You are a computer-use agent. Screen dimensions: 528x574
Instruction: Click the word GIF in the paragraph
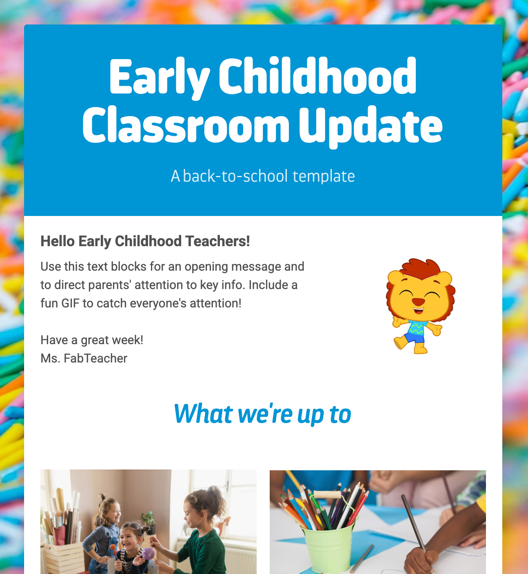pos(70,303)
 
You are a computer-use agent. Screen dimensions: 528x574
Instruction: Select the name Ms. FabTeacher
pos(84,358)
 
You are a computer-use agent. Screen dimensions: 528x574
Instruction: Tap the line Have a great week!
pos(92,340)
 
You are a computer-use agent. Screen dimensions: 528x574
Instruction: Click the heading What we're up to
pos(262,414)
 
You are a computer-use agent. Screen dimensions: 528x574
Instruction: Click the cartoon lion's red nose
pos(418,301)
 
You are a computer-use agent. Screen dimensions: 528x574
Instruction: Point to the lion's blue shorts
pos(414,338)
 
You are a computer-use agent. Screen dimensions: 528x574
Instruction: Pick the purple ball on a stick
pos(148,553)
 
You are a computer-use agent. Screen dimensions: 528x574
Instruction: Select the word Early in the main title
pos(159,77)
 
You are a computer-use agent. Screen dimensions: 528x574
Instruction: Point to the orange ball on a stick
pos(113,547)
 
